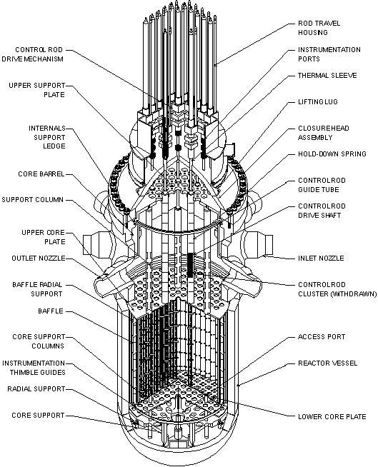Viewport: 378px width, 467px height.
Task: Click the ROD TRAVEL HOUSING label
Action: click(x=319, y=28)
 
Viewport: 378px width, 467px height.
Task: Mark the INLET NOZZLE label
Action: click(x=320, y=258)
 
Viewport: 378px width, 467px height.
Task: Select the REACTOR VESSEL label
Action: click(x=323, y=363)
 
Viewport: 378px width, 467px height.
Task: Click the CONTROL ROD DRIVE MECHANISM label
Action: click(x=42, y=54)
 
